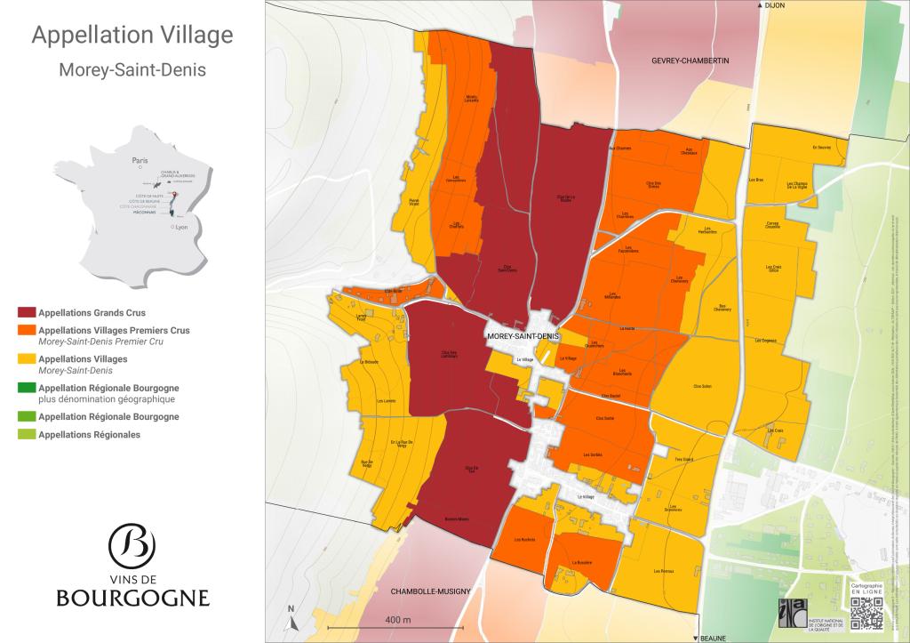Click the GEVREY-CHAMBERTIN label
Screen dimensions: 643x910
tap(690, 60)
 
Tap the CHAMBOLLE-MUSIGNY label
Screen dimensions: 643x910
tap(423, 590)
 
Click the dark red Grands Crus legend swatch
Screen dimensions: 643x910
tap(27, 313)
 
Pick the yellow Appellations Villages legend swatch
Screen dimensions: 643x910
tap(27, 359)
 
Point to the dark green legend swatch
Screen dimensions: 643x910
tap(27, 388)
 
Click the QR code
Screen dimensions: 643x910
tap(866, 613)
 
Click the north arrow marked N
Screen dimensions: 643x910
tap(291, 615)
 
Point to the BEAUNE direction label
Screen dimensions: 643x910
tap(712, 638)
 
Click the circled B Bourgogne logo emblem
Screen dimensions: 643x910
tap(132, 543)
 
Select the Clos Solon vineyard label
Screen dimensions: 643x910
tap(702, 386)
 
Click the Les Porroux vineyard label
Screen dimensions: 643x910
tap(663, 570)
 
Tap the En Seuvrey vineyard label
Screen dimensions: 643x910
tap(820, 148)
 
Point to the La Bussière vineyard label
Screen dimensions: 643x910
tap(581, 562)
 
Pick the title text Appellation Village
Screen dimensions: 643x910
tap(132, 36)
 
